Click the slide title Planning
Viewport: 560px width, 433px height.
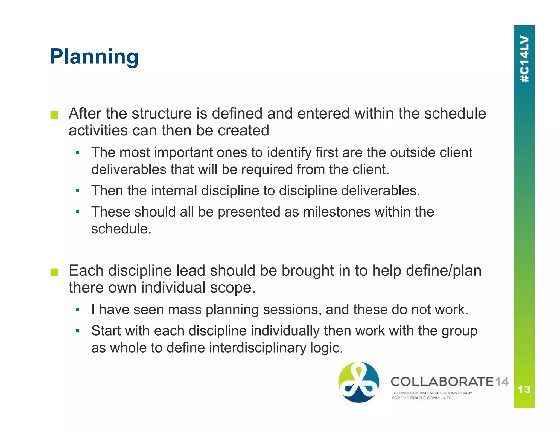(x=94, y=57)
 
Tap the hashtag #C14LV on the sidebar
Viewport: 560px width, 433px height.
(x=524, y=59)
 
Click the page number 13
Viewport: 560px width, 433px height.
(x=524, y=389)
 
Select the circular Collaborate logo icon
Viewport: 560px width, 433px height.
(x=359, y=382)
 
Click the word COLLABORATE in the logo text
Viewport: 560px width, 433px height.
(x=442, y=382)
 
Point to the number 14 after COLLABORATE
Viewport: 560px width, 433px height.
(x=502, y=382)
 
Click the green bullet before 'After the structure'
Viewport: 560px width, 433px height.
(x=54, y=115)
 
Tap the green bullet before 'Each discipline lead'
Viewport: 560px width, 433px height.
(x=54, y=272)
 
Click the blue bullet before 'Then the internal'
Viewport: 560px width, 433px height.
(x=78, y=191)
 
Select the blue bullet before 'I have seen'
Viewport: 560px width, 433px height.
(x=78, y=310)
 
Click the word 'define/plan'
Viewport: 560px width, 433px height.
(x=444, y=271)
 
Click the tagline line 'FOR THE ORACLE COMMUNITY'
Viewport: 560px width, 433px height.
(x=421, y=398)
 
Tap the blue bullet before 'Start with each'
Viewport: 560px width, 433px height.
(x=78, y=331)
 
